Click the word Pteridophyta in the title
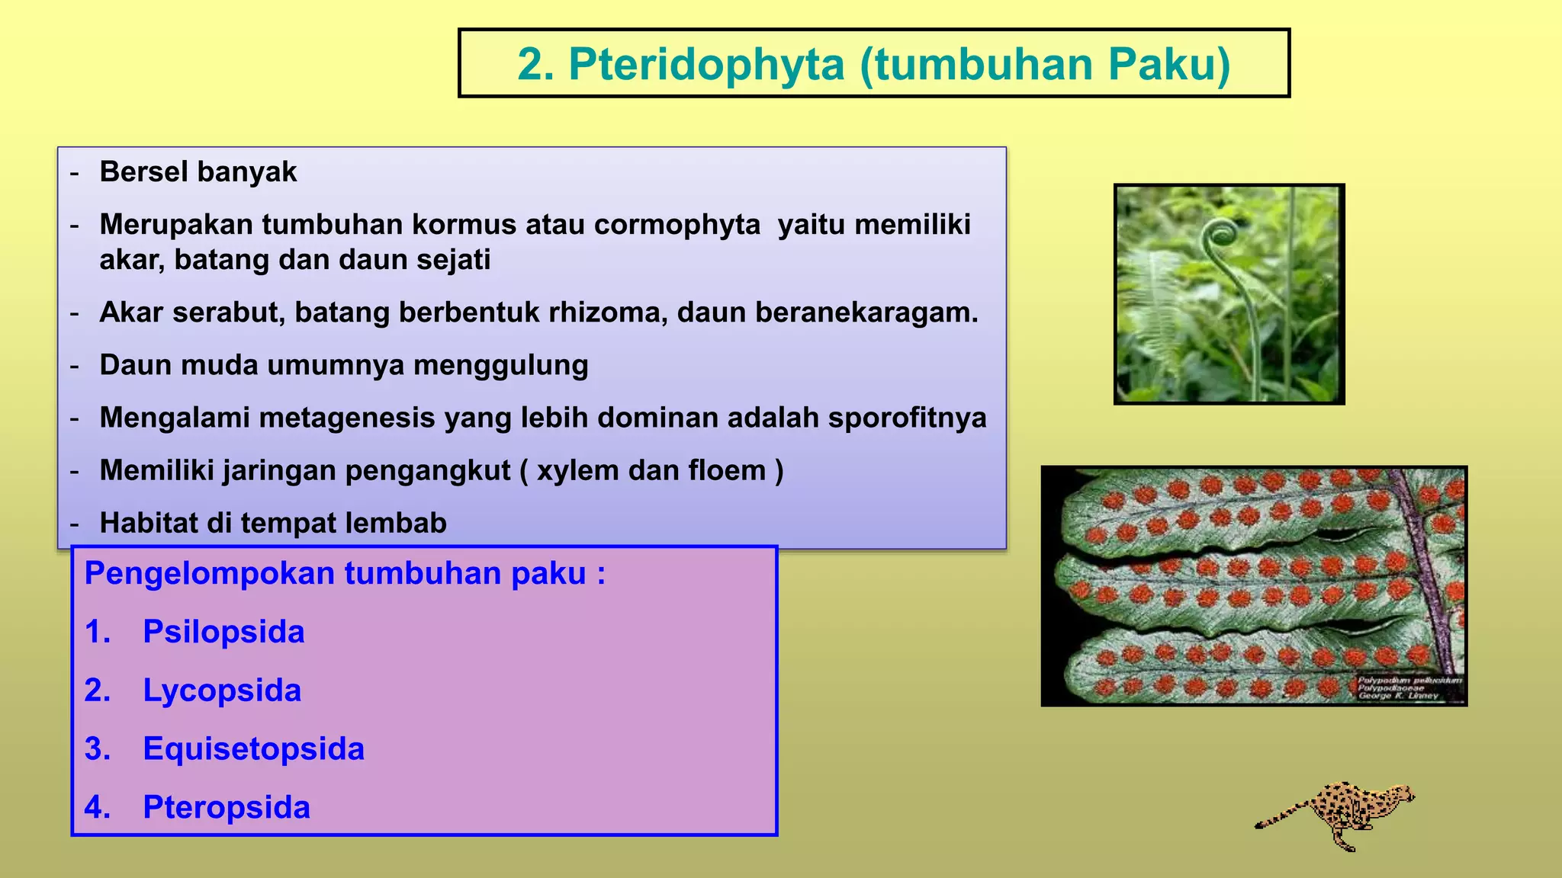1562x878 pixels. [x=706, y=64]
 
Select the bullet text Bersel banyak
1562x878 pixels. [x=198, y=172]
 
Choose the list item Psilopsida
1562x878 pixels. [x=223, y=632]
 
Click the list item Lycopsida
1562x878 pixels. [x=222, y=691]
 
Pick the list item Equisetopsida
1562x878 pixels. [x=253, y=748]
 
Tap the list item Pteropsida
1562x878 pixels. [x=227, y=807]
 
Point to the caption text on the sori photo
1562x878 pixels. [x=1408, y=687]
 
